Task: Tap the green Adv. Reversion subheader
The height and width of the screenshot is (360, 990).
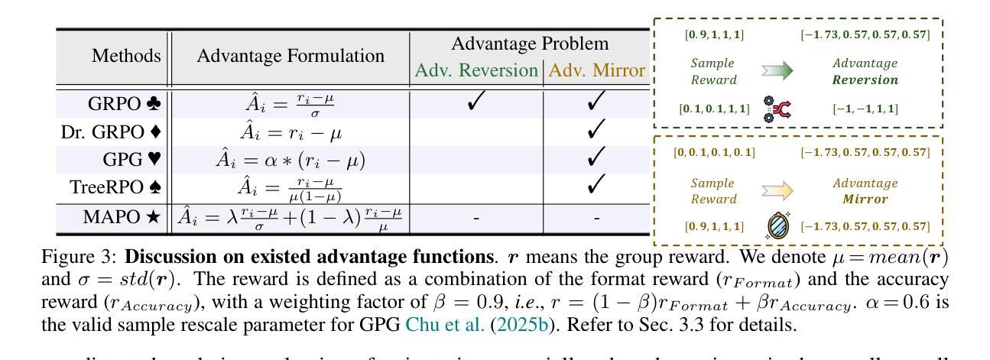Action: pyautogui.click(x=476, y=70)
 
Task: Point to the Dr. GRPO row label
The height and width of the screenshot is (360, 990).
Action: pyautogui.click(x=112, y=131)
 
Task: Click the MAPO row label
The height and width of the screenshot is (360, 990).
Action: pyautogui.click(x=122, y=217)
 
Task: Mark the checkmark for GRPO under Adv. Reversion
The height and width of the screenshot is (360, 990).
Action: pyautogui.click(x=476, y=102)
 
